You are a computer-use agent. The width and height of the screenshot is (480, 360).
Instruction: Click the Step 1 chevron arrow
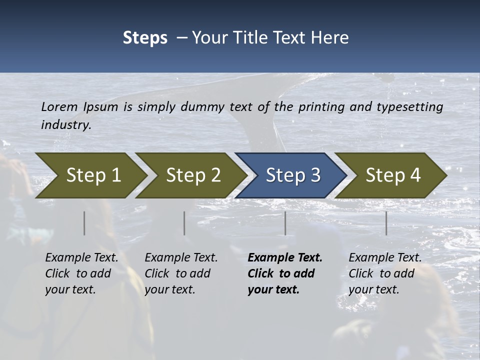[90, 175]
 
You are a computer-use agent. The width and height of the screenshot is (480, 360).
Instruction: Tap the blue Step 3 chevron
[291, 175]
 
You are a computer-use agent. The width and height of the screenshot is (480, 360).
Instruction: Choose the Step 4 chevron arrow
[391, 175]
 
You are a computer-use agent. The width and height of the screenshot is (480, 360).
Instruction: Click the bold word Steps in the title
[145, 38]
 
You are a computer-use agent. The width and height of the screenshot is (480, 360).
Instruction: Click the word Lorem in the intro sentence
[59, 106]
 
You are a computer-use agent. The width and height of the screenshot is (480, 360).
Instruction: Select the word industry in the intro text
[66, 124]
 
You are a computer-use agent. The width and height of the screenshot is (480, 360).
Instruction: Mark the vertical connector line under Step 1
[84, 223]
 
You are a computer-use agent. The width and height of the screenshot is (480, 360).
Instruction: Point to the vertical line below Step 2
[184, 223]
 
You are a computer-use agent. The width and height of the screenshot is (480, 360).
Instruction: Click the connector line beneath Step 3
[285, 223]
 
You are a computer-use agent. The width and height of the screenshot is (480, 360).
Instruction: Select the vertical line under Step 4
[386, 223]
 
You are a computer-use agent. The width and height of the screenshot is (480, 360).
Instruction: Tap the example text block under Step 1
[81, 273]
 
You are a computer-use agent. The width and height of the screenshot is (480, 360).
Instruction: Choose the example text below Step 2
[180, 273]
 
